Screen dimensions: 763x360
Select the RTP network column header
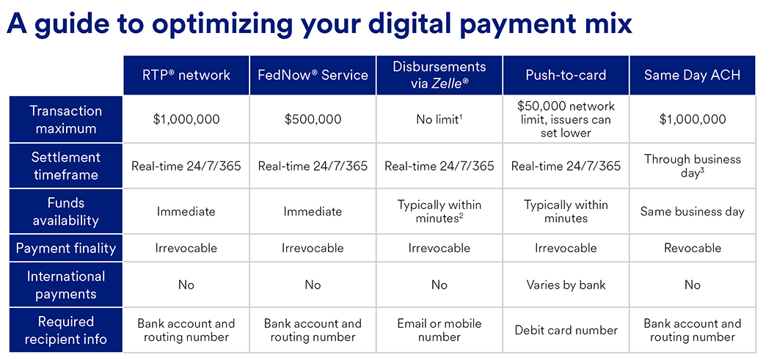[186, 75]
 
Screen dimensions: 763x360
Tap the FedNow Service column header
[313, 75]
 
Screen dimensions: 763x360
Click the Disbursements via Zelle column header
[439, 75]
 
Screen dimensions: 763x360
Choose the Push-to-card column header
[566, 75]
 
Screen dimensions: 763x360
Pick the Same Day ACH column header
[693, 75]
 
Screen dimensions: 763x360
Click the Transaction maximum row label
[66, 120]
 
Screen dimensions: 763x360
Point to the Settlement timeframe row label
[66, 166]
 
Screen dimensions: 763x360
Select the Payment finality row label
[66, 248]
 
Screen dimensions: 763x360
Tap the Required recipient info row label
[66, 331]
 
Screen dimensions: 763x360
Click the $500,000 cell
[313, 120]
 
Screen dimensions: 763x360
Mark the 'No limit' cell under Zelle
[439, 120]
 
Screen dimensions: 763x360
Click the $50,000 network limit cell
[566, 120]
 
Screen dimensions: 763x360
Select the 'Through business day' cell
[693, 166]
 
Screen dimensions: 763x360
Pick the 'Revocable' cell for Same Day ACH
[693, 248]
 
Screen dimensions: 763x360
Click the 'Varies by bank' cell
[566, 284]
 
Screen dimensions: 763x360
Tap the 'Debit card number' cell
[566, 331]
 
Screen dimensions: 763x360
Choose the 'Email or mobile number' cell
[439, 331]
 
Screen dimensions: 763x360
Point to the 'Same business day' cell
[693, 212]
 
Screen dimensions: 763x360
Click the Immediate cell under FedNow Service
[313, 212]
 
